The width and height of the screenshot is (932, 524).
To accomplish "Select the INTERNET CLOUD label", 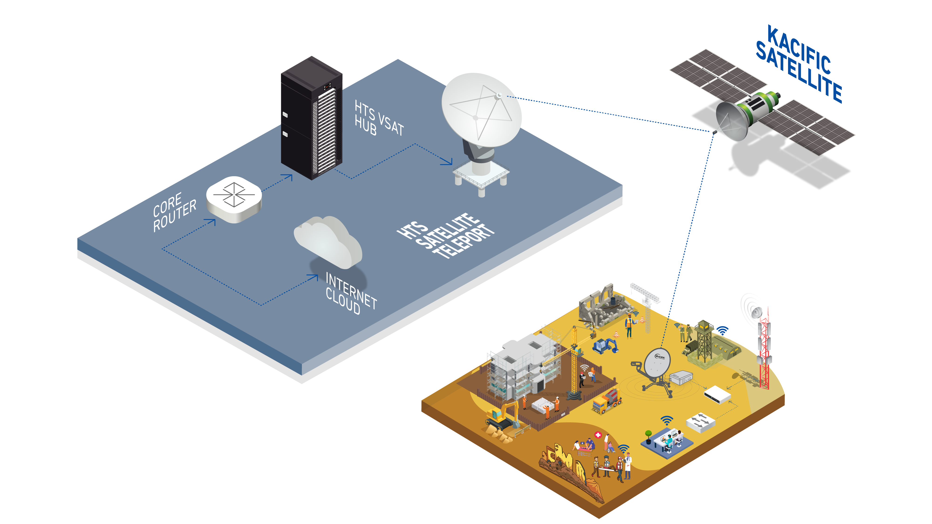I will tap(350, 293).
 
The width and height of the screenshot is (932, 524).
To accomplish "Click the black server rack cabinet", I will tap(311, 118).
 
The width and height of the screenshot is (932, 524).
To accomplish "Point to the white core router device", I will tap(234, 199).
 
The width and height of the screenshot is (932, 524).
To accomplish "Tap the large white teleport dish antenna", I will tap(481, 110).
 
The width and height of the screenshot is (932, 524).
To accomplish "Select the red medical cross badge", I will tap(598, 435).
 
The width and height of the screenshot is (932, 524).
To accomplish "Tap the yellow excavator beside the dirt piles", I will tap(503, 416).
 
